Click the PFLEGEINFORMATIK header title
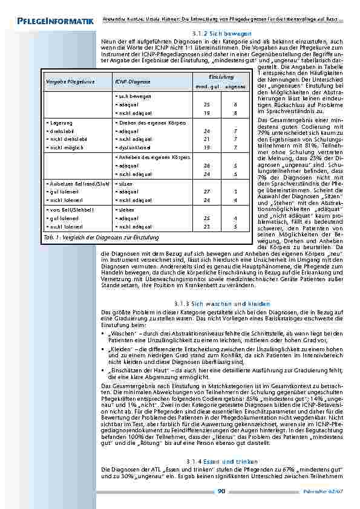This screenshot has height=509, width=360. coord(51,22)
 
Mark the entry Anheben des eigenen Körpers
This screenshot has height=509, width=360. coord(153,157)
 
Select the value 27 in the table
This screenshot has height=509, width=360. coord(206,191)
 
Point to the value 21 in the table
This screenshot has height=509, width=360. coord(206,138)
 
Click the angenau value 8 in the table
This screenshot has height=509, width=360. coord(235,113)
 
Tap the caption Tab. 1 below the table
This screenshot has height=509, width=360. coord(50,238)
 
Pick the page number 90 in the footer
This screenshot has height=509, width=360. coord(221,491)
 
